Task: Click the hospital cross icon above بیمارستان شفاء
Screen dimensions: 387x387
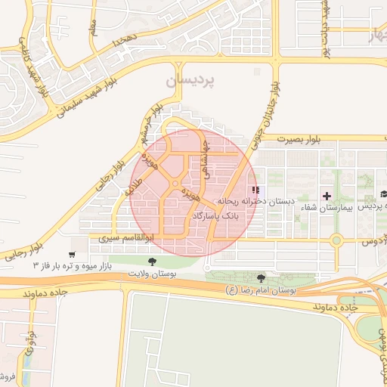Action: pyautogui.click(x=327, y=195)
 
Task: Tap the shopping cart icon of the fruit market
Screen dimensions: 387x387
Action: pyautogui.click(x=72, y=255)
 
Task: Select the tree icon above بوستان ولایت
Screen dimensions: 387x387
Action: pyautogui.click(x=153, y=261)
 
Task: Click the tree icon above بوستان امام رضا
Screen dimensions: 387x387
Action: pyautogui.click(x=262, y=278)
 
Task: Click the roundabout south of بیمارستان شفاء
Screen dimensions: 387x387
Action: pyautogui.click(x=337, y=242)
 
